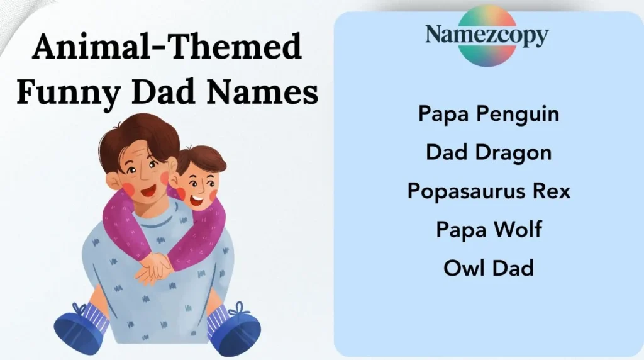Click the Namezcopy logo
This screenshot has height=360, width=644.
coord(486,35)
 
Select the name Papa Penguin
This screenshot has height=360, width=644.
coord(489,115)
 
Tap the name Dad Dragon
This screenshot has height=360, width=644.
coord(489,152)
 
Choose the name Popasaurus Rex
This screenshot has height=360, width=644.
coord(489,191)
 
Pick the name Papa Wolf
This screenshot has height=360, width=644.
coord(489,229)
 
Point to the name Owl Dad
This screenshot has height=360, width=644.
coord(489,267)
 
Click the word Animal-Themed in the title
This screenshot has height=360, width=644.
coord(167,48)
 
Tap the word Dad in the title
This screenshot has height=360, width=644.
coord(165,93)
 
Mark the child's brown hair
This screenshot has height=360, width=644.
coord(203,157)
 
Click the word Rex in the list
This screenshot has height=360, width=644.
coord(550,191)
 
